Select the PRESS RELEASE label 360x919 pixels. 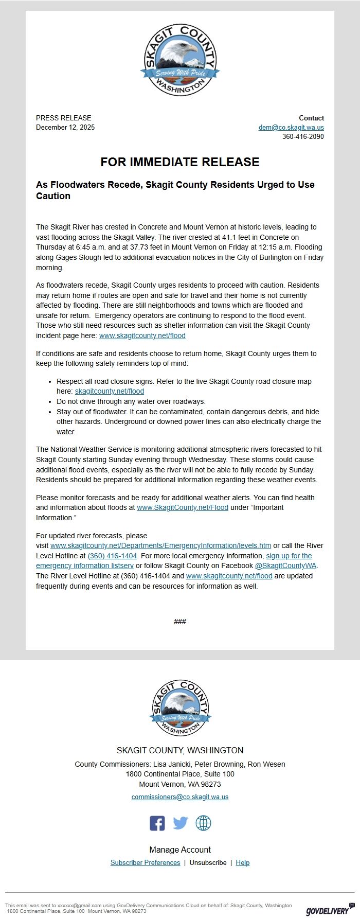coord(63,118)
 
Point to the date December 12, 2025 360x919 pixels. coord(65,127)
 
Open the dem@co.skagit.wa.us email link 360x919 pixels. coord(291,127)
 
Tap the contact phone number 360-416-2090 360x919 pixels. coord(303,136)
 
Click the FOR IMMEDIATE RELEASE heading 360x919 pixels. coord(180,162)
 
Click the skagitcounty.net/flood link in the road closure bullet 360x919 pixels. coord(110,391)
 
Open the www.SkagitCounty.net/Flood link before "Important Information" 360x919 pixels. coord(183,507)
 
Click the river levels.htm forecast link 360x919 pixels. coord(160,545)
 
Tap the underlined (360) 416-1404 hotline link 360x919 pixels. coord(113,556)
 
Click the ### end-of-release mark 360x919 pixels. coord(180,622)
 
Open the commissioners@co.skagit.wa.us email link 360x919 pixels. coord(180,797)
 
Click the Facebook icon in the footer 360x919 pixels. coord(157,823)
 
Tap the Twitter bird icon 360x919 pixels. coord(180,823)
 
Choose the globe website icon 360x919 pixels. coord(203,823)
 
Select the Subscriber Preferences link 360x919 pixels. coord(145,862)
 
